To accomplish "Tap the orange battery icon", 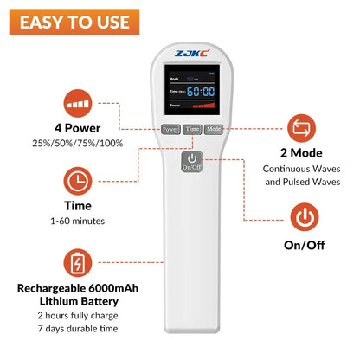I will (x=78, y=261).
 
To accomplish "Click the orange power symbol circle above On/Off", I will (x=304, y=215).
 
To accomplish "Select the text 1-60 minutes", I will (x=78, y=222).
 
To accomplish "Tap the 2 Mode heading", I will (x=304, y=152).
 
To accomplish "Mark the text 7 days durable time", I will (x=78, y=330).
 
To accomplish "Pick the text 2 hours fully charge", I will (x=78, y=316).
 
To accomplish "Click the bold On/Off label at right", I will (x=304, y=246).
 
